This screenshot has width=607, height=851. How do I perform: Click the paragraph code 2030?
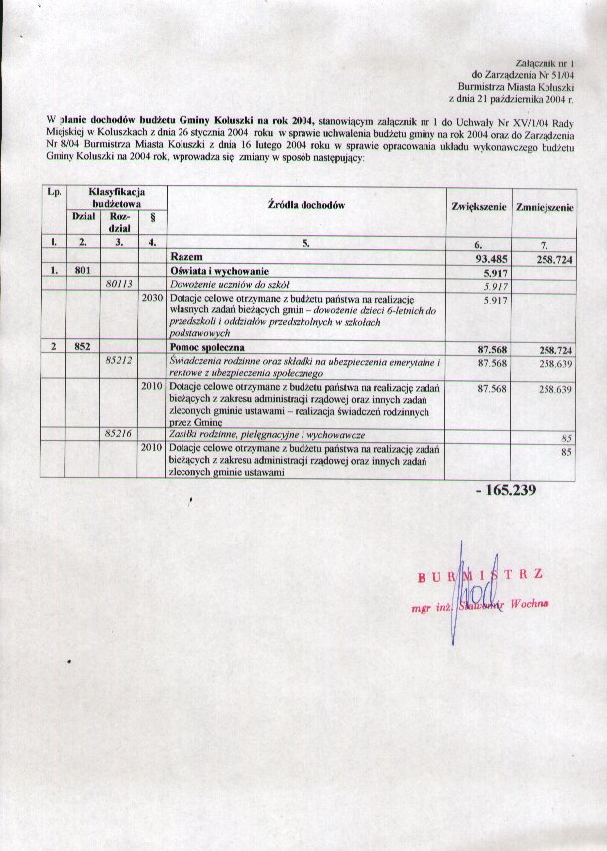[x=152, y=297]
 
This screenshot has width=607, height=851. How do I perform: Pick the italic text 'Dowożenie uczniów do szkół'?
[x=226, y=284]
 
